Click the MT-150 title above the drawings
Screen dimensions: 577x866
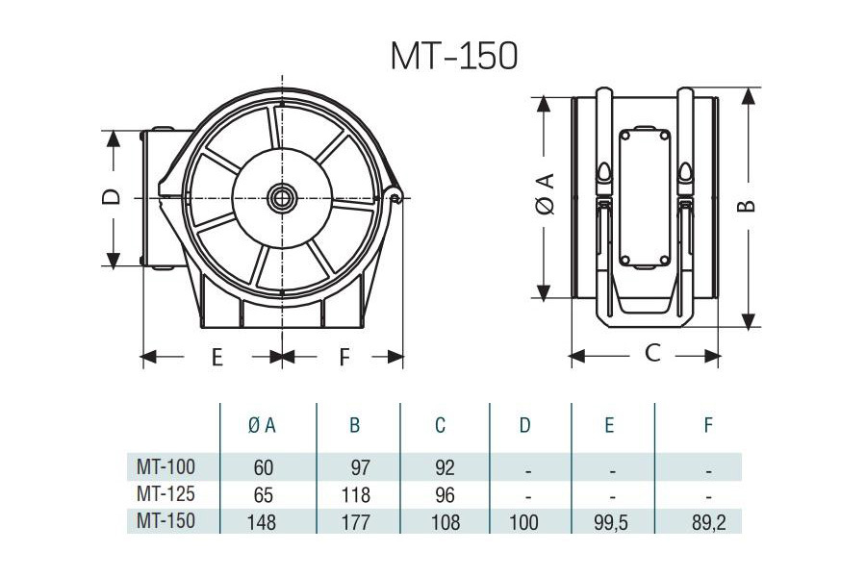[454, 56]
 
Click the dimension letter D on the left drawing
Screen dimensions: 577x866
[113, 197]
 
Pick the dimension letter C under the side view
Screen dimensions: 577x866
[652, 353]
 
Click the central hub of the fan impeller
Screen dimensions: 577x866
[282, 199]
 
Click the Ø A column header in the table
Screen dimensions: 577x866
[262, 425]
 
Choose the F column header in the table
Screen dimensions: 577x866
[707, 425]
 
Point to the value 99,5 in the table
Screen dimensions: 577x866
[610, 522]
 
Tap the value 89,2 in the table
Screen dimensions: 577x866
[707, 522]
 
